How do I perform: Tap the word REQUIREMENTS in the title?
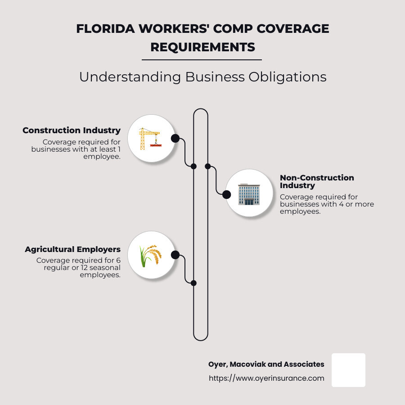(x=202, y=47)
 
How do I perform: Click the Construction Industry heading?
(x=72, y=130)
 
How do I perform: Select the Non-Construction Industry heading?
(x=317, y=181)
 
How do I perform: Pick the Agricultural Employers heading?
(x=73, y=249)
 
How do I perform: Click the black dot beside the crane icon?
(x=175, y=138)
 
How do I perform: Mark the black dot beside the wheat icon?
(x=175, y=255)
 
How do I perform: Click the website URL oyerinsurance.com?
(x=266, y=378)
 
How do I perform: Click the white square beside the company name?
(x=348, y=370)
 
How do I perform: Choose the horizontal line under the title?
(x=202, y=59)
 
